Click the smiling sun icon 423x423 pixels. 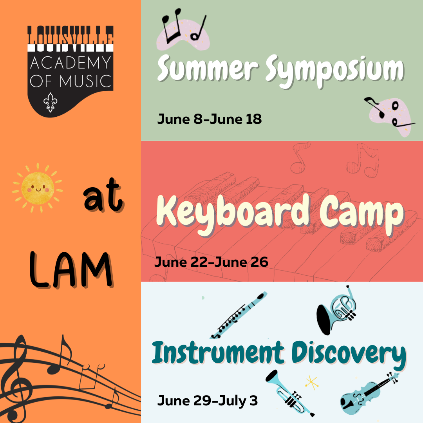point(37,187)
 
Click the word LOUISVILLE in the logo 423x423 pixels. point(70,37)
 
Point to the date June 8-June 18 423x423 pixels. point(209,119)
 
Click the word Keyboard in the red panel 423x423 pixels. point(233,213)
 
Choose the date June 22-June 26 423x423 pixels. point(211,262)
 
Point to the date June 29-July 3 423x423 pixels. point(208,400)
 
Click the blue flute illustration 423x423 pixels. point(239,315)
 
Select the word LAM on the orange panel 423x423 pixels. point(70,268)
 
